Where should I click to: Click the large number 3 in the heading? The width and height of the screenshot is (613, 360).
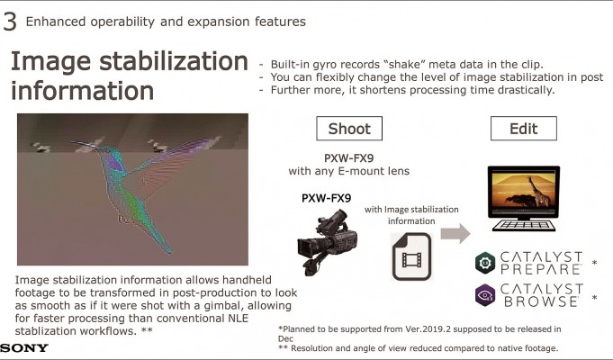coord(9,22)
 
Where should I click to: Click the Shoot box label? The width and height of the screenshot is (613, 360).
coord(349,129)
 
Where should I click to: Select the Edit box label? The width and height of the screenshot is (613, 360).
coord(524,129)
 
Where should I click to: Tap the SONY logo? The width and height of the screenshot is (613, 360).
coord(24,347)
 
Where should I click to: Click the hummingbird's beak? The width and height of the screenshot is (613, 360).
coord(85,145)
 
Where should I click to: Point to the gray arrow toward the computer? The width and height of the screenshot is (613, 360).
coord(455,233)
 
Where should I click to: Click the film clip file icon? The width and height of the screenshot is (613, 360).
coord(411,256)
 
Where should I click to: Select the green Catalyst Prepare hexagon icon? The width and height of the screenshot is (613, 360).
coord(485,263)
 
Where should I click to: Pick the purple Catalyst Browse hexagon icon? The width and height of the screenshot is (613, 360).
coord(485,295)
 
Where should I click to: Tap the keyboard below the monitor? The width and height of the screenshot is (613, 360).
coord(524,226)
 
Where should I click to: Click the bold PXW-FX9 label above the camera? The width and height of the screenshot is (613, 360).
coord(327,198)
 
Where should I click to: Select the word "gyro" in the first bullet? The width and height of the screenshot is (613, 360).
coord(319,65)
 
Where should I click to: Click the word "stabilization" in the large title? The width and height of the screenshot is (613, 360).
coord(174,62)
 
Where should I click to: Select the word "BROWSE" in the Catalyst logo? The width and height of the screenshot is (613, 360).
coord(542,301)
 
